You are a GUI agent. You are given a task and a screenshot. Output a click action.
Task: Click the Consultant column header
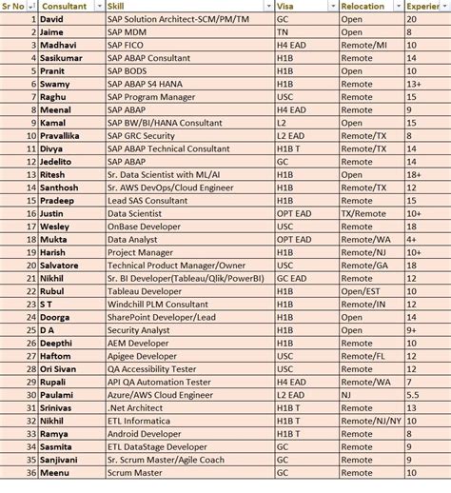(64, 6)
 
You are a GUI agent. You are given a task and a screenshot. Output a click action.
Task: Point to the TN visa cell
(282, 31)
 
